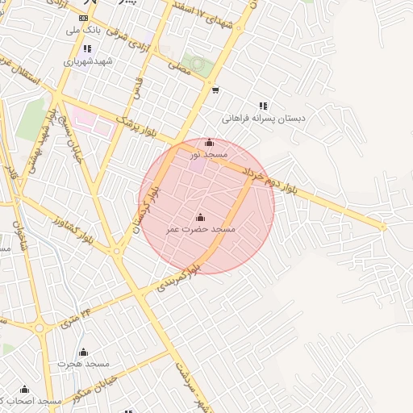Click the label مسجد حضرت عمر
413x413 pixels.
tap(200, 230)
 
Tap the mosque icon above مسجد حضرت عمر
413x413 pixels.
tap(200, 217)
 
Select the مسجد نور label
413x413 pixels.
tap(209, 153)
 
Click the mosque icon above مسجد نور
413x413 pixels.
tap(210, 143)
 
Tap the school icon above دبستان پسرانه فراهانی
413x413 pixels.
tap(263, 106)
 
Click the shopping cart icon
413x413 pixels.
tap(215, 90)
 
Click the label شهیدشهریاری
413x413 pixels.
tap(89, 61)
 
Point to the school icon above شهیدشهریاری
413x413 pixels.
tap(88, 49)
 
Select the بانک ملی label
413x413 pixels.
tap(84, 29)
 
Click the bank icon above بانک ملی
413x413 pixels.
tap(84, 18)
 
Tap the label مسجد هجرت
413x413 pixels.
tap(83, 364)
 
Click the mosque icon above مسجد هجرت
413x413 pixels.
tap(83, 352)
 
